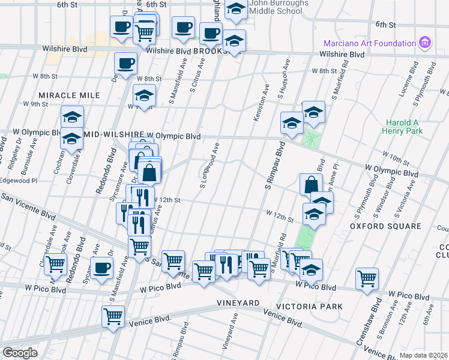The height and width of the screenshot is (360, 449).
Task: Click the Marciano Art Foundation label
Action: tap(370, 43)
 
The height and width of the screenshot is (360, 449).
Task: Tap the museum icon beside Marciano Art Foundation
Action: tap(426, 43)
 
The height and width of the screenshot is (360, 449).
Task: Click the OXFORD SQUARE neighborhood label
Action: tap(385, 226)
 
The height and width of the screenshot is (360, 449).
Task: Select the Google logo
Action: tap(20, 353)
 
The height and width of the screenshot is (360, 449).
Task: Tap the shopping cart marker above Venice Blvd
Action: tap(113, 316)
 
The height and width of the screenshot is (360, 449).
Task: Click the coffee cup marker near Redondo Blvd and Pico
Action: tap(102, 268)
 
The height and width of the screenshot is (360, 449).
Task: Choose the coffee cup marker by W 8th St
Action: tap(125, 64)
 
